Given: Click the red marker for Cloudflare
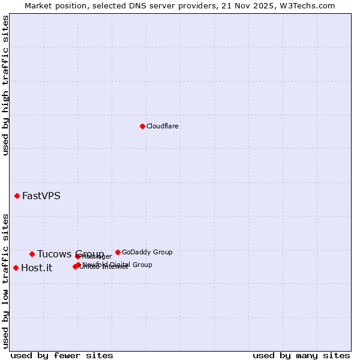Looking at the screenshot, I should tap(142, 126).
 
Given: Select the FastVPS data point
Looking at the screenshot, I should tap(17, 196).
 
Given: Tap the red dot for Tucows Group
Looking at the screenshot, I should tap(32, 254).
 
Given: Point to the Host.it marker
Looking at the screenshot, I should tap(16, 268).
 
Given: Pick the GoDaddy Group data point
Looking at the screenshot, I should tap(118, 252).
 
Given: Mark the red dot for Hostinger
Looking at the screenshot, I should tap(77, 257).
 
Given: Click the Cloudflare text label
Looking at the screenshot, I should tap(163, 126).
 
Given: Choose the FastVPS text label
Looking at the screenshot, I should tap(41, 196).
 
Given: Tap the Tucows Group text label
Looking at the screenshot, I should tap(70, 254).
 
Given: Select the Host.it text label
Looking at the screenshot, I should tap(37, 268).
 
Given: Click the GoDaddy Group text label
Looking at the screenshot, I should tap(147, 252).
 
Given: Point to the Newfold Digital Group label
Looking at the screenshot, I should tap(118, 265).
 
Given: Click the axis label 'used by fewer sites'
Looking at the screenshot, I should tap(62, 355).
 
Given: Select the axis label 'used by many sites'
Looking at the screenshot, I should tap(301, 355).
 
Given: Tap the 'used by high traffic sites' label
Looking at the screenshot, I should tap(5, 86).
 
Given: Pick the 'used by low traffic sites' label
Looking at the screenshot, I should tap(5, 280).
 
